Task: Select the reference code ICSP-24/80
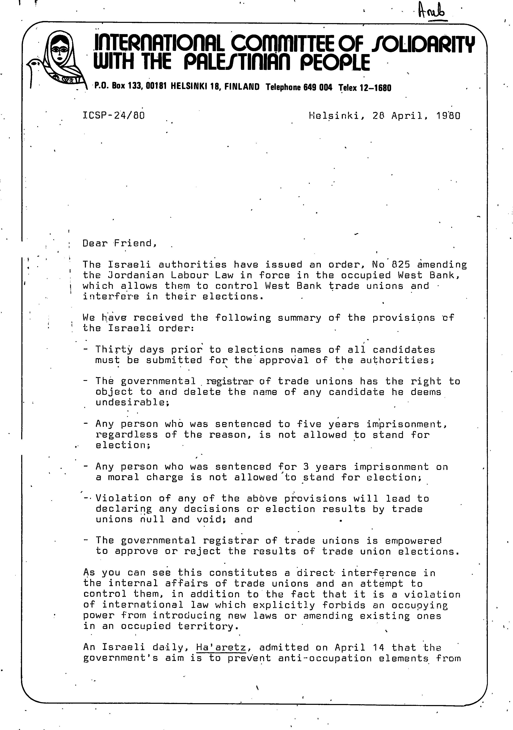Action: coord(114,115)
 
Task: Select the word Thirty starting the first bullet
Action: coord(114,350)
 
